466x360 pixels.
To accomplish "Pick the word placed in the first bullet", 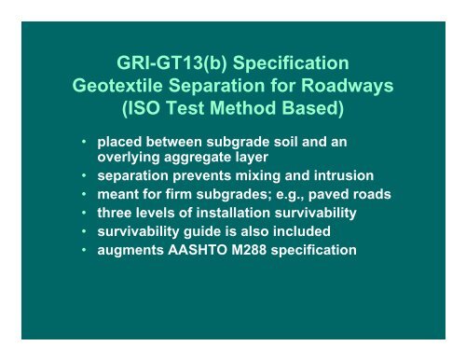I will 123,144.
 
